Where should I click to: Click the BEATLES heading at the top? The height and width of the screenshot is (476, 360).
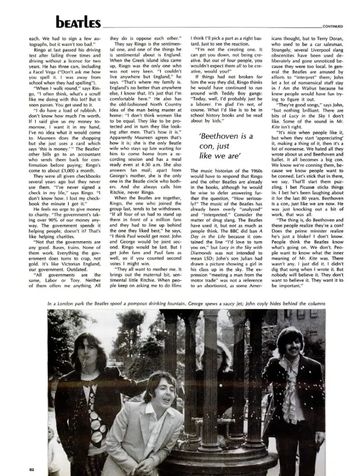tap(78, 22)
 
